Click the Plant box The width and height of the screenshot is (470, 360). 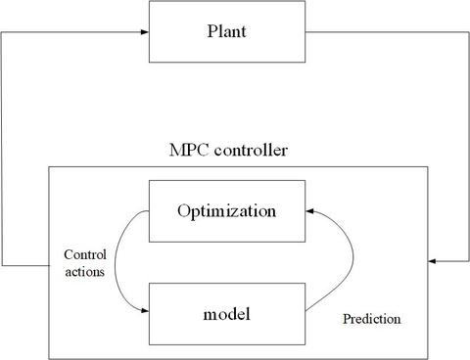pyautogui.click(x=227, y=30)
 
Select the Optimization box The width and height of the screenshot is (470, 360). pyautogui.click(x=227, y=210)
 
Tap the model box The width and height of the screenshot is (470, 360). pyautogui.click(x=227, y=313)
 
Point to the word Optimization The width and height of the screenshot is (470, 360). pyautogui.click(x=227, y=210)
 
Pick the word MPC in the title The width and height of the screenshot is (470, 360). pyautogui.click(x=190, y=152)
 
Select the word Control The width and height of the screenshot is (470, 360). pyautogui.click(x=84, y=255)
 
